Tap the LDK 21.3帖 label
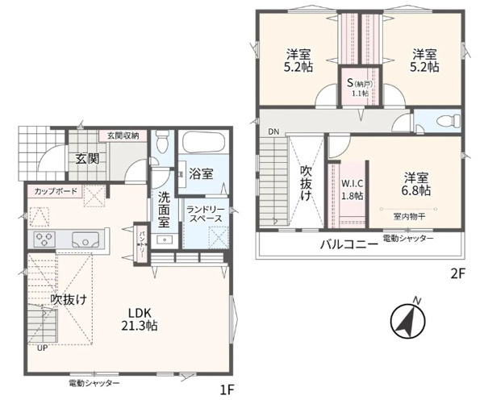click(140, 319)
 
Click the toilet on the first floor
click(162, 141)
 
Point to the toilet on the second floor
click(449, 120)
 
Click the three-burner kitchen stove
click(44, 239)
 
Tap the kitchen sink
click(86, 239)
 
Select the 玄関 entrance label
click(87, 159)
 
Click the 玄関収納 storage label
click(123, 135)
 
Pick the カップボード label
click(56, 191)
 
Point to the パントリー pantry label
click(142, 244)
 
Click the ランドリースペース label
click(205, 214)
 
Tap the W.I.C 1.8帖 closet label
click(353, 189)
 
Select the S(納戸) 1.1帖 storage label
click(360, 87)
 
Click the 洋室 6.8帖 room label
click(416, 185)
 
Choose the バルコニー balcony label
click(348, 245)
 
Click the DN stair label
click(273, 132)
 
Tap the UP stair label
click(42, 348)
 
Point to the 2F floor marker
click(457, 273)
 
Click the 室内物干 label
click(409, 217)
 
